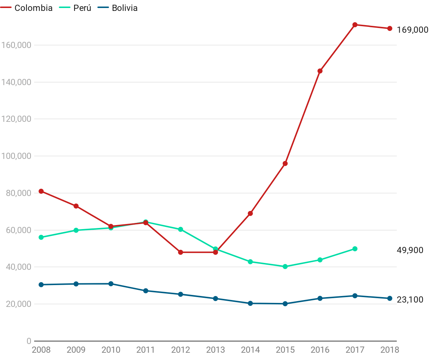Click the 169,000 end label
coord(412,30)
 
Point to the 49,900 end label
coord(410,250)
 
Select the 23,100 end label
coord(410,300)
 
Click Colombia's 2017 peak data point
coord(355,25)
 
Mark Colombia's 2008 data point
coord(41,191)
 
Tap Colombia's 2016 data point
coord(320,71)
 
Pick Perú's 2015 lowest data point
coord(285,267)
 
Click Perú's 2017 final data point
coord(355,249)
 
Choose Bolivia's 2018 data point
coord(390,299)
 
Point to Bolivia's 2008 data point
coord(41,285)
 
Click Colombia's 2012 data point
coord(181,252)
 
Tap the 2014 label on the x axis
coord(250,350)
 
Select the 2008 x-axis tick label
coord(41,350)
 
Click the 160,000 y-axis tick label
coord(16,45)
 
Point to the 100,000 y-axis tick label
coord(16,156)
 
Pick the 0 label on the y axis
coord(28,341)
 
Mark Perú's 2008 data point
coord(41,237)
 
